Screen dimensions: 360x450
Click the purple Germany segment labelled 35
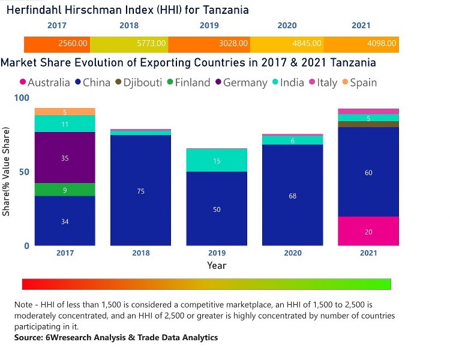[65, 158]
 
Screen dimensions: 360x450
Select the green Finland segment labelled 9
[65, 190]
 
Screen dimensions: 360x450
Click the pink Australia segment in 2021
[368, 232]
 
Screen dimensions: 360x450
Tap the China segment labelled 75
[141, 191]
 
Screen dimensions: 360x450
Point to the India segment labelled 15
[217, 161]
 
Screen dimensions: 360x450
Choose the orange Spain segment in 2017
[65, 112]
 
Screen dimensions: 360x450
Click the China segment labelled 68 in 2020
[292, 196]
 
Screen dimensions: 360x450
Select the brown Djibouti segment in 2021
[368, 124]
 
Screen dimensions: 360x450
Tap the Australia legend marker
[23, 83]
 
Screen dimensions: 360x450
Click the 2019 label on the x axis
[217, 253]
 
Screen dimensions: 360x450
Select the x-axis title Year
[217, 265]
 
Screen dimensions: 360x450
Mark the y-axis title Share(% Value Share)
[7, 172]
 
